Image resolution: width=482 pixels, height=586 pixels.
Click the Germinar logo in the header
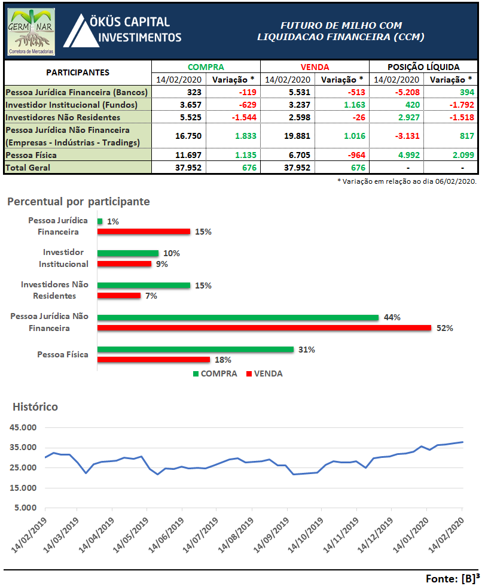pos(31,32)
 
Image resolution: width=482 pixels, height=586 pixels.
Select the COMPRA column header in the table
pos(206,68)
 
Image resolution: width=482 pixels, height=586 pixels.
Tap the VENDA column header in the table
pos(315,68)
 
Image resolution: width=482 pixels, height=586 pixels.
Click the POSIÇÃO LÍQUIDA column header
pos(423,68)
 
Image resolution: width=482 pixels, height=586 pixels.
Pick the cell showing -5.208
pos(396,92)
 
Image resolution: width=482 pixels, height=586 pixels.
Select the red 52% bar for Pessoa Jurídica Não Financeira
pos(264,327)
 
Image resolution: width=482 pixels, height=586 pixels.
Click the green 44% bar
pos(237,317)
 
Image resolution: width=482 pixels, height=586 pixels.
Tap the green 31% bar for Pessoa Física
pos(195,350)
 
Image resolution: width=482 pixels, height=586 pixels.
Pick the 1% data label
pos(113,221)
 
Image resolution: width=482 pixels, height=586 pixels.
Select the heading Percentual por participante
pos(78,202)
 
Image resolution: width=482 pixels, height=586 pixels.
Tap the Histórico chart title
pos(35,407)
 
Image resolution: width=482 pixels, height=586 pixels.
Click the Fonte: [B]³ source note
pos(452,578)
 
